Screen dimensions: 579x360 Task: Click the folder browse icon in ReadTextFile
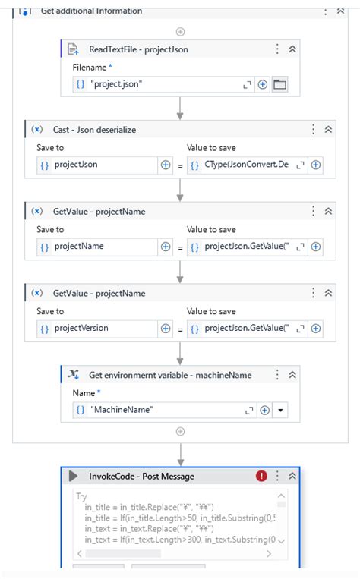pos(279,85)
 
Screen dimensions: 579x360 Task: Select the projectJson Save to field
pos(97,165)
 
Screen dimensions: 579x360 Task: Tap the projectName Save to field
pos(97,247)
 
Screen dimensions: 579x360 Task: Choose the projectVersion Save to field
pos(97,329)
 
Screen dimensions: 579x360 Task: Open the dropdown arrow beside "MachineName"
pos(281,410)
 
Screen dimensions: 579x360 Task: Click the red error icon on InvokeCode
pos(261,476)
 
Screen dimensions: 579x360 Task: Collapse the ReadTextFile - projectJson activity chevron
pos(292,49)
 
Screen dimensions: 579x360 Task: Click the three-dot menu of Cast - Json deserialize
pos(313,130)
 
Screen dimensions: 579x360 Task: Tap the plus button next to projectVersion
pos(166,329)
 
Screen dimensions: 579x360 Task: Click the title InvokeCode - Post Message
pos(141,477)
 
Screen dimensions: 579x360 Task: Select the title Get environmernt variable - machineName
pos(170,375)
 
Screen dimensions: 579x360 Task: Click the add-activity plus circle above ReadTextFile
pos(180,31)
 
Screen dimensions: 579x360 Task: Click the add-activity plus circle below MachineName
pos(180,432)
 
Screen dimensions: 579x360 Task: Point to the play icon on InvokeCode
pos(74,476)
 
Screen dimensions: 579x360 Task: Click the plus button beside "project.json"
pos(263,85)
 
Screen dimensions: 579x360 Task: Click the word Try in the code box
pos(81,496)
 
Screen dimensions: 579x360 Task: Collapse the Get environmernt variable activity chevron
pos(292,375)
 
